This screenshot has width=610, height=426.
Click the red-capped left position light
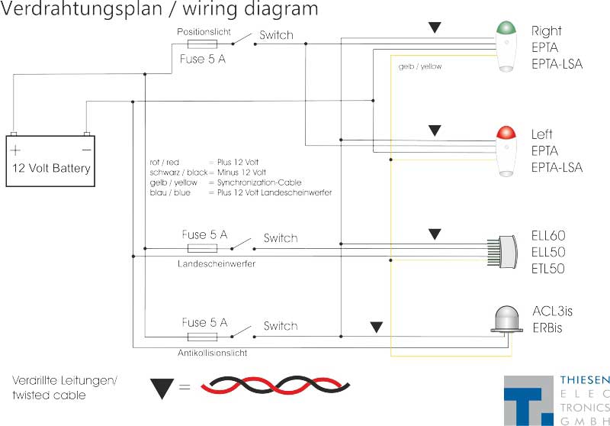pyautogui.click(x=505, y=151)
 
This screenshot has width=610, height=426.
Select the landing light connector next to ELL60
pyautogui.click(x=501, y=252)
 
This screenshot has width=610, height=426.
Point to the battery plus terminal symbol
pyautogui.click(x=16, y=150)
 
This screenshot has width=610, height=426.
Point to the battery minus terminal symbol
pyautogui.click(x=86, y=150)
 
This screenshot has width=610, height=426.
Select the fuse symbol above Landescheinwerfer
pyautogui.click(x=204, y=248)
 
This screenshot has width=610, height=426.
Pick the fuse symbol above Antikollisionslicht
pyautogui.click(x=204, y=337)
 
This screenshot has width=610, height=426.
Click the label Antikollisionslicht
pyautogui.click(x=212, y=353)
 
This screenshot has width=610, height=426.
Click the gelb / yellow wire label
pyautogui.click(x=419, y=66)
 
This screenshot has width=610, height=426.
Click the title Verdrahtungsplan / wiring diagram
pyautogui.click(x=159, y=10)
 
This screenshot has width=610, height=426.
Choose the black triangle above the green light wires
pyautogui.click(x=435, y=27)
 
